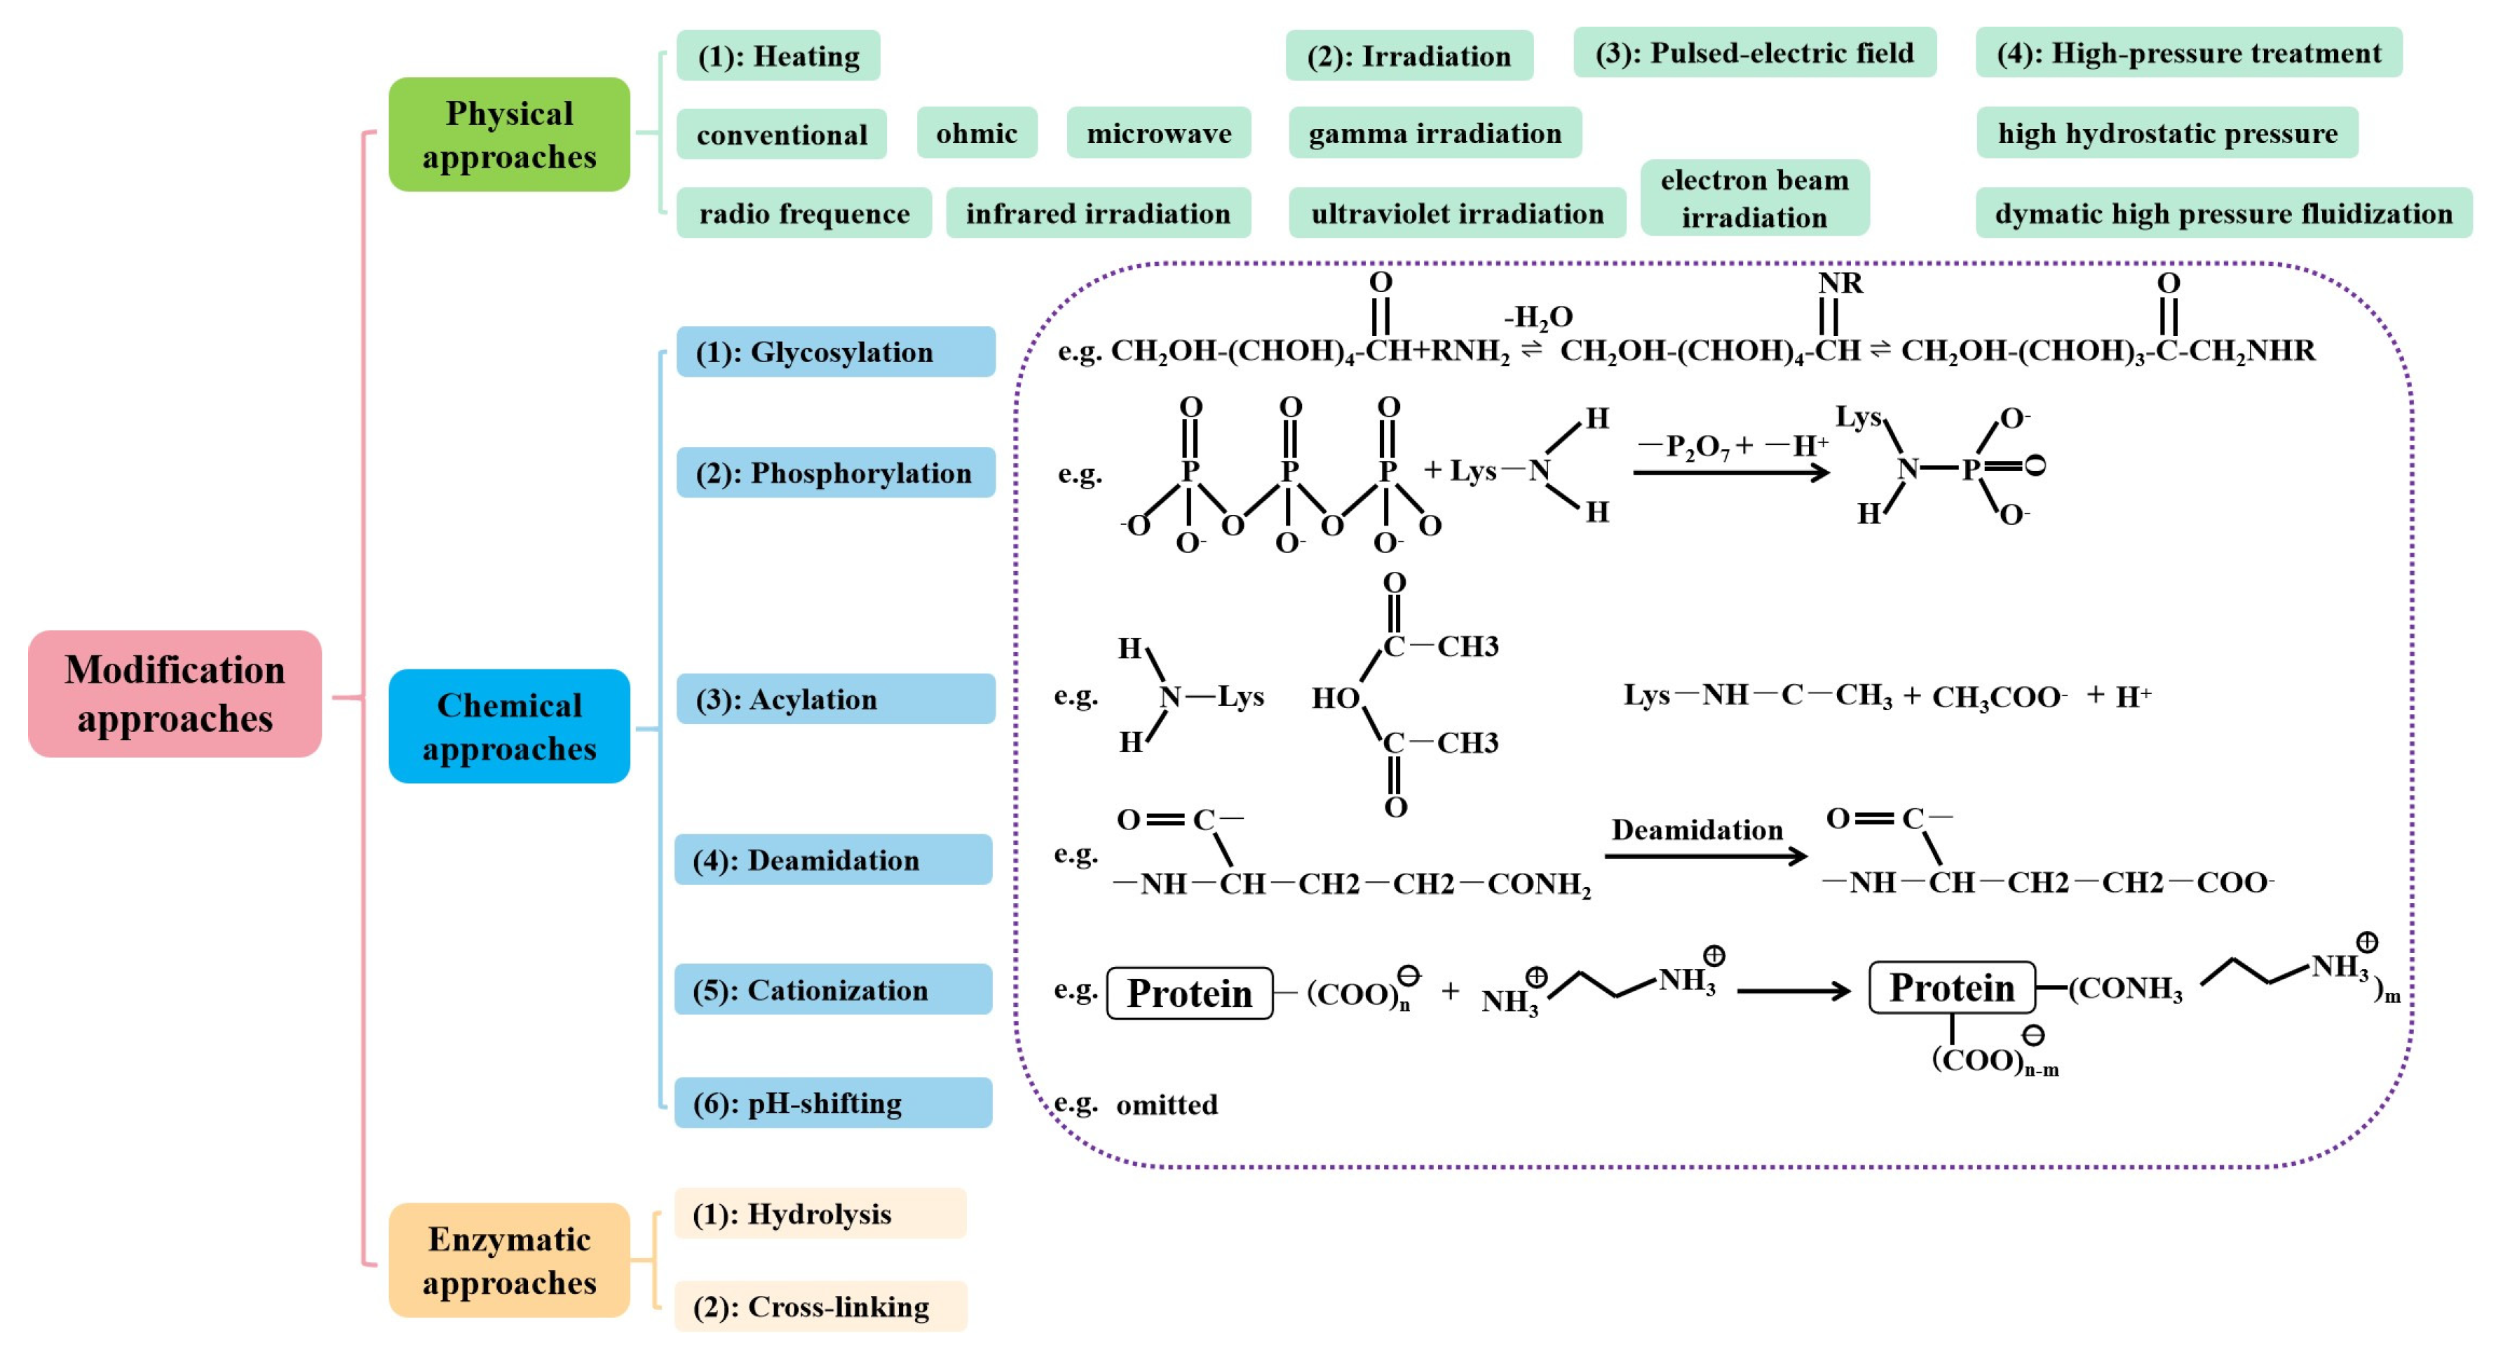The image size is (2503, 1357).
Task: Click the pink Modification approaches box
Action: coord(175,694)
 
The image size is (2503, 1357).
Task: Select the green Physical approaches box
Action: coord(509,135)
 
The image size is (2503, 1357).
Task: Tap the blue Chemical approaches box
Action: coord(509,726)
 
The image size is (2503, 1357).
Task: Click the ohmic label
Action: coord(977,133)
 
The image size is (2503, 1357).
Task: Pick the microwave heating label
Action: coord(1158,133)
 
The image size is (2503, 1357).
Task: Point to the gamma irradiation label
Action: coord(1434,133)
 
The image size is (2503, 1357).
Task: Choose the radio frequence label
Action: coord(803,214)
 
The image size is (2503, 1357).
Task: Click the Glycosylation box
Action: coord(836,352)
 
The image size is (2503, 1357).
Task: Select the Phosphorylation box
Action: coord(836,474)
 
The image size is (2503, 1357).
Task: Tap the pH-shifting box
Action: coord(833,1103)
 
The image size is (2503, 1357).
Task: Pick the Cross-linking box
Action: coord(820,1306)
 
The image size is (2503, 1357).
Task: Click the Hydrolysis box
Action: coord(820,1214)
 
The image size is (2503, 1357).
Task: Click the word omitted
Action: coord(1166,1105)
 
